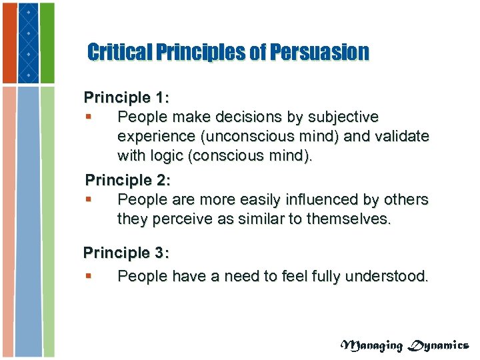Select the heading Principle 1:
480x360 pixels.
[x=127, y=97]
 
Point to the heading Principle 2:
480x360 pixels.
[x=127, y=180]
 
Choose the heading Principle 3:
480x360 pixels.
[x=126, y=253]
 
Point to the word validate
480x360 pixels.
[x=401, y=137]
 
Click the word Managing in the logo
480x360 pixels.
[x=373, y=345]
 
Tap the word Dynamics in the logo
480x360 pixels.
[x=439, y=345]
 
